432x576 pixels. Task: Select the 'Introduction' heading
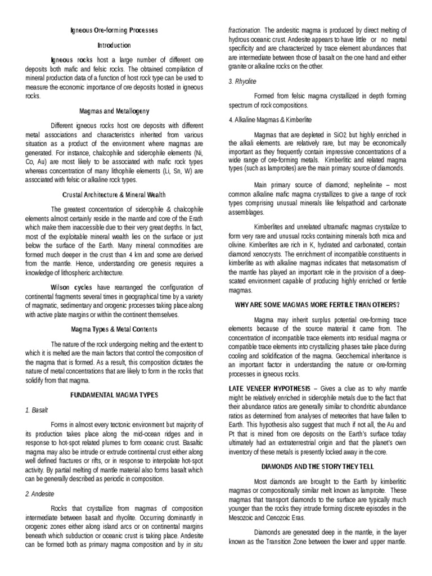tap(114, 45)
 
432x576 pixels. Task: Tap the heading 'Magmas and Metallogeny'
tap(114, 111)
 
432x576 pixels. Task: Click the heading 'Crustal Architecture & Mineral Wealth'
tap(114, 195)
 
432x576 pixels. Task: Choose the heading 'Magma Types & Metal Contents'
tap(114, 328)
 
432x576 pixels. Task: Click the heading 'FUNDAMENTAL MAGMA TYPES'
tap(114, 396)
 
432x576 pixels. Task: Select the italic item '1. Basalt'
tap(37, 411)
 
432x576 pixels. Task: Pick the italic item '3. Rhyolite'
tap(242, 81)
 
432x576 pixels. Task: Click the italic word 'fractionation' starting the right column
tap(244, 29)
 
